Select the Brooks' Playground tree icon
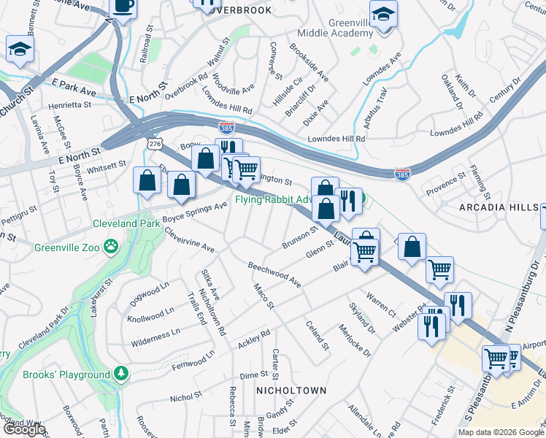coord(121,374)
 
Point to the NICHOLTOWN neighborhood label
coord(290,391)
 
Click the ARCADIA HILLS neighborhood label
coord(499,208)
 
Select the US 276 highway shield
coord(154,145)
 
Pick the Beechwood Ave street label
coord(274,273)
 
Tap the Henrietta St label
coord(70,105)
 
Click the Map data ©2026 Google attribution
coord(501,432)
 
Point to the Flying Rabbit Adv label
coord(274,199)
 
